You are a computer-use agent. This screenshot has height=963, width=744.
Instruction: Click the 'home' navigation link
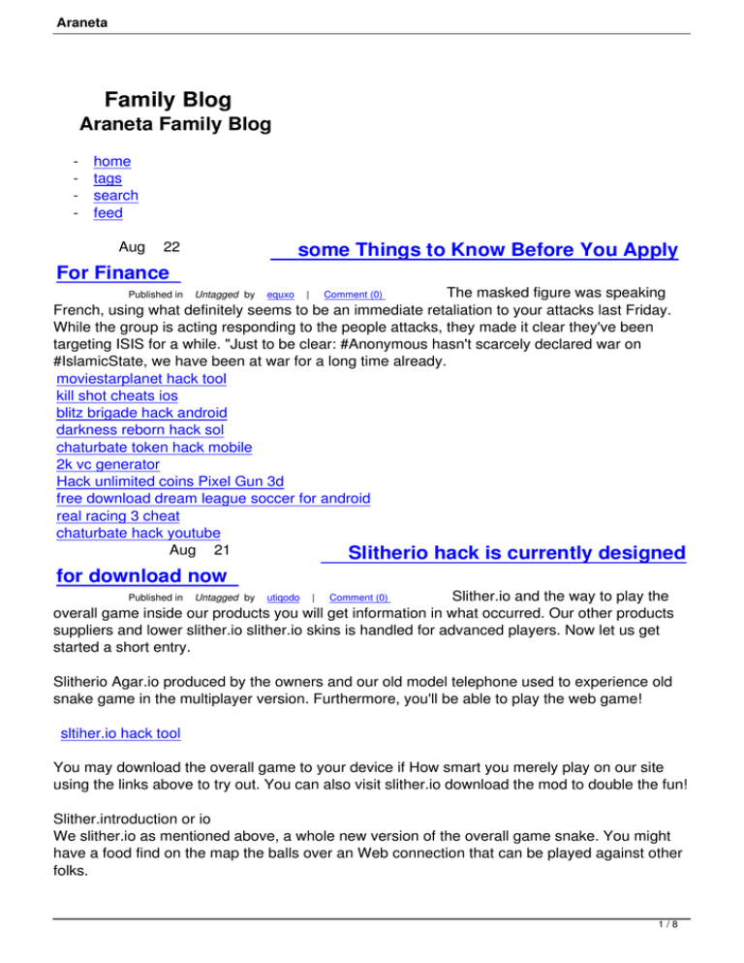point(111,162)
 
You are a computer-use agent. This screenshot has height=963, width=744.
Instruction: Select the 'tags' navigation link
point(108,178)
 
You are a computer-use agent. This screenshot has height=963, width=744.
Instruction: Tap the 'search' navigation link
point(115,196)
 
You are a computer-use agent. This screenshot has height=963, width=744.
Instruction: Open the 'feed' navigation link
point(108,213)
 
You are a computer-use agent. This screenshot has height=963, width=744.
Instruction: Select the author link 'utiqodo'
point(283,598)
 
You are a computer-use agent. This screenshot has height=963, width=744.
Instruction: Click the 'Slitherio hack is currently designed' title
point(515,554)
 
